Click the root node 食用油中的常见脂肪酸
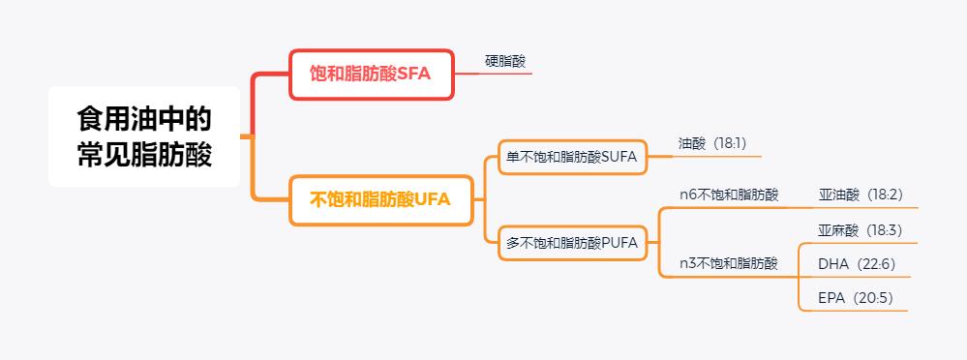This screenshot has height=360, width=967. pyautogui.click(x=144, y=136)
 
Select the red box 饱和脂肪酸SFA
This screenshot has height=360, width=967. pyautogui.click(x=372, y=75)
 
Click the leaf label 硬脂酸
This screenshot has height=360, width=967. pyautogui.click(x=505, y=62)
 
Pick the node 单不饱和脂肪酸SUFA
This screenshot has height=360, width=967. pyautogui.click(x=573, y=157)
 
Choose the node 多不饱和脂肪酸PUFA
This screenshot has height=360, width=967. pyautogui.click(x=572, y=243)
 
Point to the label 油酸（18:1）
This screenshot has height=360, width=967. pyautogui.click(x=712, y=143)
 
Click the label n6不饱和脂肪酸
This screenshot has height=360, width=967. pyautogui.click(x=729, y=195)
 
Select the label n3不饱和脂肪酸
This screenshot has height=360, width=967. pyautogui.click(x=729, y=262)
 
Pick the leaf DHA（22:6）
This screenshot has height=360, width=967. pyautogui.click(x=857, y=264)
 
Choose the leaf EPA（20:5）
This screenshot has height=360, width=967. pyautogui.click(x=856, y=298)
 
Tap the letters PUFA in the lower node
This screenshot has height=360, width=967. pyautogui.click(x=619, y=243)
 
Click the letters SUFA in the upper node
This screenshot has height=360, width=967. pyautogui.click(x=620, y=157)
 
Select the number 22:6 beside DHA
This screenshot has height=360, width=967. pyautogui.click(x=877, y=264)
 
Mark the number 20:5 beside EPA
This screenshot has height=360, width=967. pyautogui.click(x=876, y=298)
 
